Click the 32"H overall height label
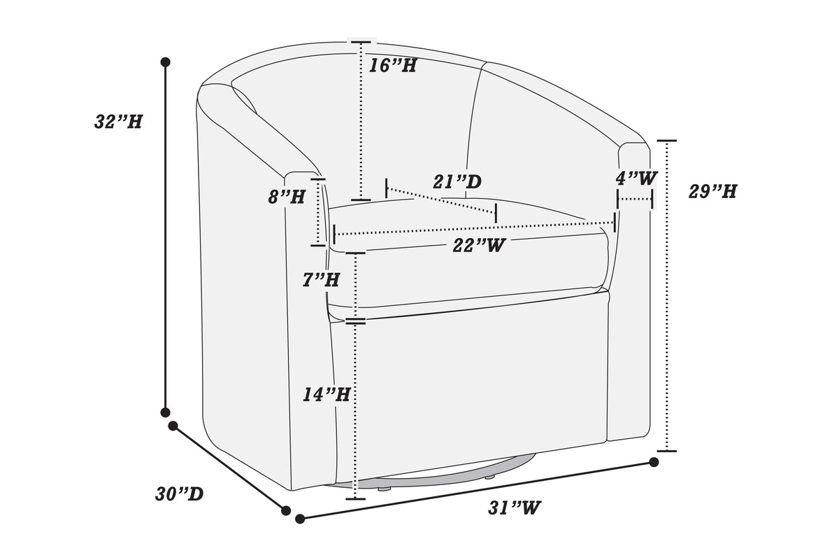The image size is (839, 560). (x=118, y=122)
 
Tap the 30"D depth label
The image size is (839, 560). (x=179, y=494)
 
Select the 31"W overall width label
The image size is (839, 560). (x=515, y=508)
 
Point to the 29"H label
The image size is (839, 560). (x=712, y=191)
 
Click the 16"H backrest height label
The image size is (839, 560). (x=392, y=66)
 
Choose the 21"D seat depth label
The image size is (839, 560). (x=457, y=182)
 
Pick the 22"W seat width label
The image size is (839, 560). (x=479, y=246)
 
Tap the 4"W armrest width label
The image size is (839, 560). (x=636, y=178)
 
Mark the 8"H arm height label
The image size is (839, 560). (x=287, y=197)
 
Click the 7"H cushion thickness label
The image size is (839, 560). (x=321, y=280)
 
